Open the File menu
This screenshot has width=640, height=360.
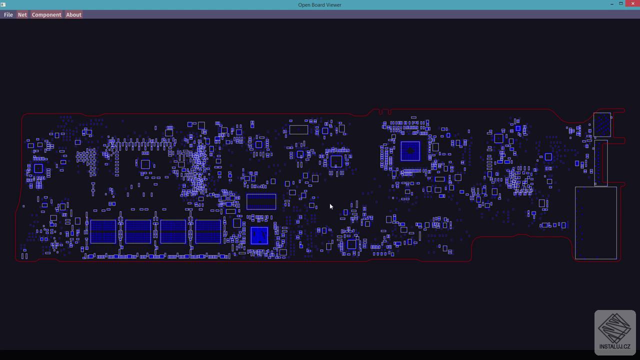tap(8, 14)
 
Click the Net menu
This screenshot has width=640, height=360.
tap(22, 14)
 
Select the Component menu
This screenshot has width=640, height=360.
tap(46, 14)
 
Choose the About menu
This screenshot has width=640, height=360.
tap(73, 14)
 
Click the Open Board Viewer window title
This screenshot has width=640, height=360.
tap(319, 5)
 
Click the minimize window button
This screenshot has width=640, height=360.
tap(612, 4)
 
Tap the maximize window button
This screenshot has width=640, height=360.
tap(621, 4)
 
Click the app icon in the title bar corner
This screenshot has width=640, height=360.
tap(3, 4)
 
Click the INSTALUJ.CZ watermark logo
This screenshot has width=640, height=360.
tap(615, 332)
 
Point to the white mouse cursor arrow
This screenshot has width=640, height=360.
tap(331, 206)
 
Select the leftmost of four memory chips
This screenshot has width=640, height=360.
tap(103, 231)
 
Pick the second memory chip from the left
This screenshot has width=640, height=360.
tap(138, 231)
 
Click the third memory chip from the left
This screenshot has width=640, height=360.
tap(173, 231)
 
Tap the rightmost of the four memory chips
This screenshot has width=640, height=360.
tap(208, 231)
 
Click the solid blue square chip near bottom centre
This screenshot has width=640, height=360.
tap(259, 235)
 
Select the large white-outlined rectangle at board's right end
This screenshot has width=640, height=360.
tap(595, 223)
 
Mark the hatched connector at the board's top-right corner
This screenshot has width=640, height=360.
tap(602, 124)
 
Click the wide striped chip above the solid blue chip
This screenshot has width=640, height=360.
tap(261, 201)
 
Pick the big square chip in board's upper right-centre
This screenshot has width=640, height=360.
tap(410, 151)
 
